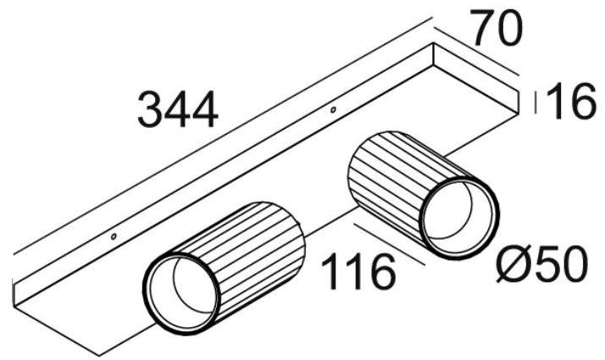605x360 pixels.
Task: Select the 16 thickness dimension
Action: (567, 102)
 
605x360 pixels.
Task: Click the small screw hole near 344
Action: (333, 109)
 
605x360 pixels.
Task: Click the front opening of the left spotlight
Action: (182, 288)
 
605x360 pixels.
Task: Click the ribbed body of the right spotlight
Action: (386, 174)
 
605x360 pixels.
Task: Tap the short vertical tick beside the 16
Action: (534, 102)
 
